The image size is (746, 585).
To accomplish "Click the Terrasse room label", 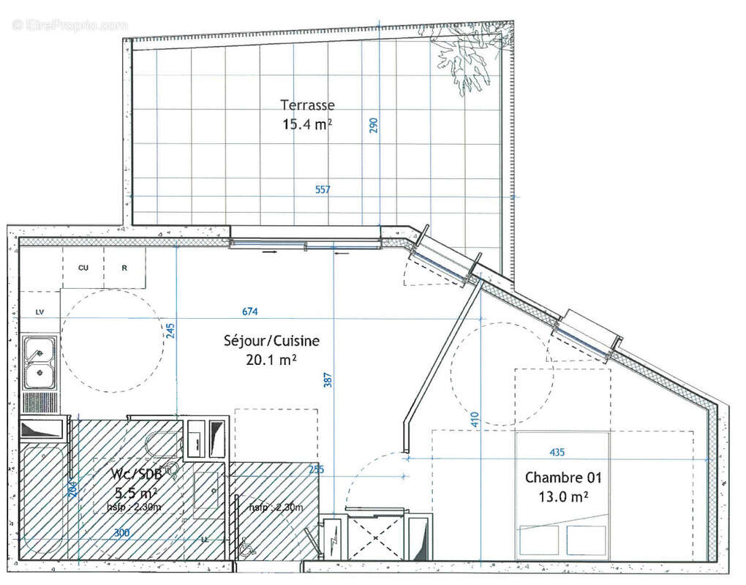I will pos(307,105).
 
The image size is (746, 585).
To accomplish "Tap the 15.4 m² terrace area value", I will pos(307,124).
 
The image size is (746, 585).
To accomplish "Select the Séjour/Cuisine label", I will pos(271,341).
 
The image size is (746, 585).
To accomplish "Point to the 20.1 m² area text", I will pos(271,359).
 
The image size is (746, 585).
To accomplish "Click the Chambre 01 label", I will pos(563,478).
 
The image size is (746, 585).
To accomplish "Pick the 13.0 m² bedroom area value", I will pos(563,497).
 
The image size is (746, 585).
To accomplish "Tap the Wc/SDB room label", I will pos(127,475).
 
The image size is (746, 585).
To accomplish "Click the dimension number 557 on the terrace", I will pos(323,190).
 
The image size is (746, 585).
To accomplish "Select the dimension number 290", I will pos(374,125).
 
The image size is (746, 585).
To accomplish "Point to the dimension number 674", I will pos(250,312).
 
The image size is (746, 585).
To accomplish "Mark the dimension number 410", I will pos(475,419).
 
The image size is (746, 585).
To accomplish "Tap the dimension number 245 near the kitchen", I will pos(171,331).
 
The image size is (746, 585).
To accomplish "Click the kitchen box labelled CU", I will pos(83,268).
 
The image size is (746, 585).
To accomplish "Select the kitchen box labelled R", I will pos(124,268).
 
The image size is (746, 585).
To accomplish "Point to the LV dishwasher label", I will pos(39,312).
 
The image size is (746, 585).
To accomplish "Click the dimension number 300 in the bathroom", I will pos(122,533).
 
